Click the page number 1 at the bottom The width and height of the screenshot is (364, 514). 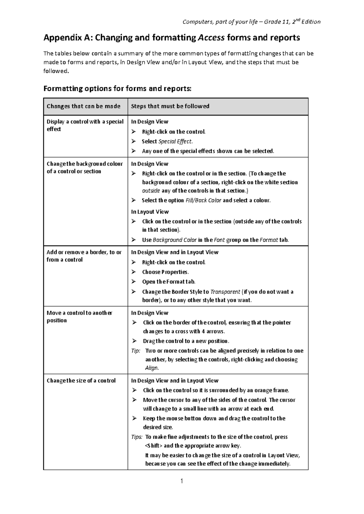pos(182,481)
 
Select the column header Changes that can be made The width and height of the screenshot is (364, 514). pos(83,106)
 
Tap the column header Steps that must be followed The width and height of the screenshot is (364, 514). pos(170,106)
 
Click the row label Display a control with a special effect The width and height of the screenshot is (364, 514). pos(85,125)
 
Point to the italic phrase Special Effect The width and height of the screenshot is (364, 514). pos(175,142)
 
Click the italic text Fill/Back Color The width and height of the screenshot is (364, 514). pos(203,200)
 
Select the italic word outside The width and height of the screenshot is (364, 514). pos(151,191)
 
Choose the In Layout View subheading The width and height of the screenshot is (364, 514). pos(150,212)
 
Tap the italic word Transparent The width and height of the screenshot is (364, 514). pos(225,292)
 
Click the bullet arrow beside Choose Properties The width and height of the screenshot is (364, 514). pos(133,272)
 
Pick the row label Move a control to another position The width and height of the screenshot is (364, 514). pos(79,317)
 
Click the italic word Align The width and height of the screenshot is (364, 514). pos(152,368)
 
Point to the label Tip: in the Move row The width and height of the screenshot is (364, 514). pos(136,351)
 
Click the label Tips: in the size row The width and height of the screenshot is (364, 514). pos(136,437)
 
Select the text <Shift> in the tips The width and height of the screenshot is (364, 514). pos(154,446)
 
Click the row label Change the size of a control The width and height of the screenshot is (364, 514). pos(81,381)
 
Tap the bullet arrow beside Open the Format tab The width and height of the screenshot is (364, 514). pos(133,282)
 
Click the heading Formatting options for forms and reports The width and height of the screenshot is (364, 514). pos(118,89)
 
